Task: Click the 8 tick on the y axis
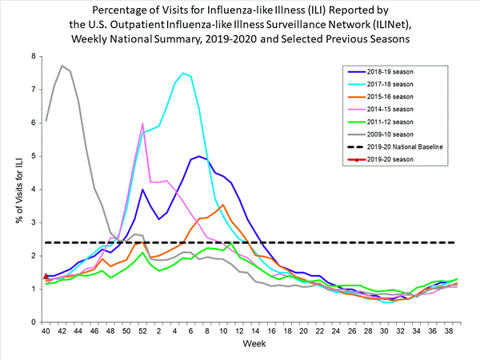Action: tap(34, 57)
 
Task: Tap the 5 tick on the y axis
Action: tap(34, 156)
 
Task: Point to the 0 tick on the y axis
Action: tap(34, 322)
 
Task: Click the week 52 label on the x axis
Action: tap(142, 332)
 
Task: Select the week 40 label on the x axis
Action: tap(46, 332)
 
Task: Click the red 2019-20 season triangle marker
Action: tap(46, 276)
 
